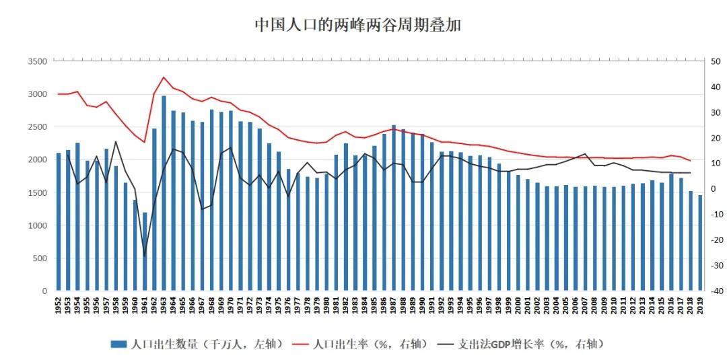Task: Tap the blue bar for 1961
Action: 144,252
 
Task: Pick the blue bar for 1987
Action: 394,208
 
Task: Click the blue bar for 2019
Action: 700,243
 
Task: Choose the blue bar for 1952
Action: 59,222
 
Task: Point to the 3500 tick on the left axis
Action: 38,61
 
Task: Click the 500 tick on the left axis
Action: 40,258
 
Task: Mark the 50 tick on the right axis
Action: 715,61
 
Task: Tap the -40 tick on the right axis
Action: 716,291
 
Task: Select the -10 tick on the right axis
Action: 716,215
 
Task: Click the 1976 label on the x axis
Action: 289,305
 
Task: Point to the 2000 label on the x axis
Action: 518,305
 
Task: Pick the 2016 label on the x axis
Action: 671,305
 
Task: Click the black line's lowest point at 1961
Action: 144,256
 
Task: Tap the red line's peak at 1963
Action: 164,77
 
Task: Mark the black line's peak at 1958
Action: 116,141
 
